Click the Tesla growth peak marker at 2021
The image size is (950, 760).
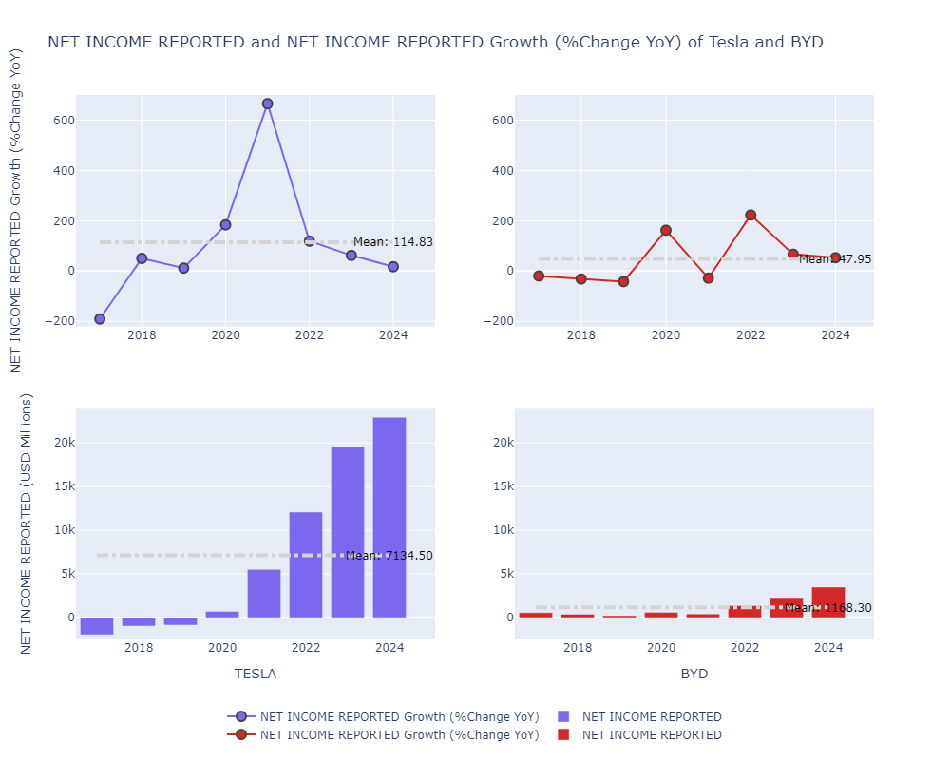click(267, 104)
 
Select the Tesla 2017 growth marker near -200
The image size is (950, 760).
click(100, 319)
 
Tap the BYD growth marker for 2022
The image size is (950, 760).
click(750, 215)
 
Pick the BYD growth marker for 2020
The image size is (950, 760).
click(666, 230)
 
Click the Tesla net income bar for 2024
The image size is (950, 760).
click(389, 517)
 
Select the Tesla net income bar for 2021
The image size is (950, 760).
click(264, 593)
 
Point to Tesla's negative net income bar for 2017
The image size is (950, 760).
click(97, 625)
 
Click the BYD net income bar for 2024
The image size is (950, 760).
click(828, 602)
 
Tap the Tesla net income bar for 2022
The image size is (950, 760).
click(306, 564)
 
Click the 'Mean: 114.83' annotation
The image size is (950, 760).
click(392, 242)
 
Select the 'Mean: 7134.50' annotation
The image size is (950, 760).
click(389, 556)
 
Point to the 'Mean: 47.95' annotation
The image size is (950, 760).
click(835, 259)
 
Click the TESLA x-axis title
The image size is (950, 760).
click(256, 674)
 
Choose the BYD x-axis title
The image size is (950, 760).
click(694, 674)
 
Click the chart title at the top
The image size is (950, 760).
click(435, 42)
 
